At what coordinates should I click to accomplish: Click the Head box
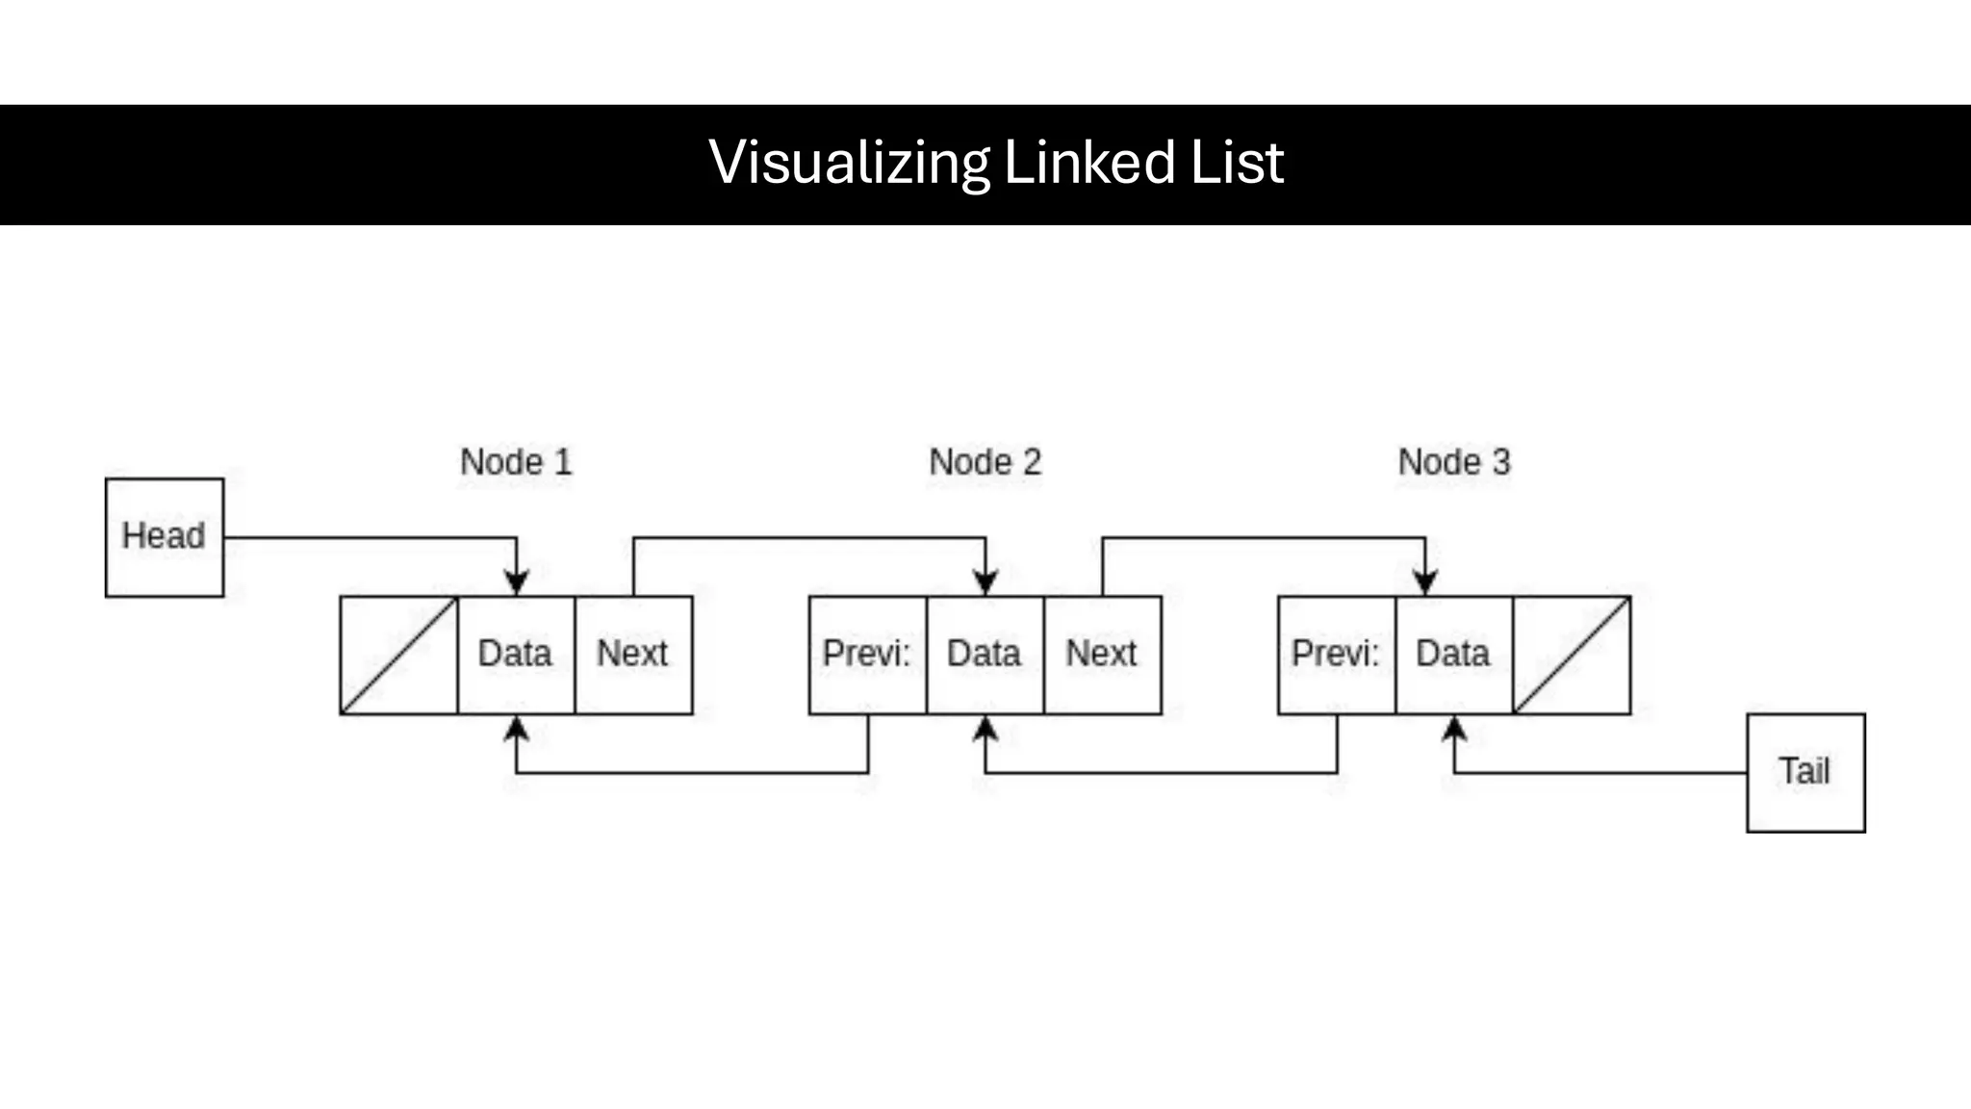tap(164, 537)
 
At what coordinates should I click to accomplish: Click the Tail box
tap(1805, 772)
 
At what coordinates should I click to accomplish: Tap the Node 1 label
tap(516, 462)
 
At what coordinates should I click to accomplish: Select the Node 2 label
tap(985, 462)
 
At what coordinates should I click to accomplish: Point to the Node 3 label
tap(1454, 462)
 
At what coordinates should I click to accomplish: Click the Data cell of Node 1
tap(516, 655)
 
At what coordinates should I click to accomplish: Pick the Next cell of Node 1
tap(633, 655)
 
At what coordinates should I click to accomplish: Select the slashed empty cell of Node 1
tap(398, 655)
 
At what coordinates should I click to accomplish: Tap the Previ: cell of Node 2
tap(867, 655)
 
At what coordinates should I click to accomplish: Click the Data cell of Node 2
tap(985, 655)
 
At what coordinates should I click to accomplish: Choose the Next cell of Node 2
tap(1102, 655)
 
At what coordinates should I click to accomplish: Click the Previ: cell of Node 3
tap(1336, 655)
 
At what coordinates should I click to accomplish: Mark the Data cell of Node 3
tap(1453, 655)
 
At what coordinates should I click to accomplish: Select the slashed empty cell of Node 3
tap(1572, 655)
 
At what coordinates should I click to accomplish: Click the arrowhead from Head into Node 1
tap(517, 582)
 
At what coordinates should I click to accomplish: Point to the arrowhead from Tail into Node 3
tap(1454, 729)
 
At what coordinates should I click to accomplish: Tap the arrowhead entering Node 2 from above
tap(985, 582)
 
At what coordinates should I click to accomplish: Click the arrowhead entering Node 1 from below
tap(517, 729)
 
